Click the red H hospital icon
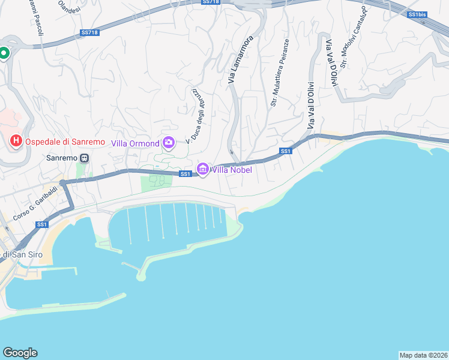pyautogui.click(x=16, y=142)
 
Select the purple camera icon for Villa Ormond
pyautogui.click(x=169, y=143)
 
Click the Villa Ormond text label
pyautogui.click(x=136, y=143)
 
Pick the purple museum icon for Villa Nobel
pyautogui.click(x=202, y=170)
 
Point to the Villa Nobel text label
pyautogui.click(x=231, y=170)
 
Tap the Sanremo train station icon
pyautogui.click(x=85, y=158)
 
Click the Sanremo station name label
pyautogui.click(x=62, y=158)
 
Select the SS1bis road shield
pyautogui.click(x=416, y=14)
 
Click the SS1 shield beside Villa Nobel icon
pyautogui.click(x=185, y=174)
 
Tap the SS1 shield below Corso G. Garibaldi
pyautogui.click(x=41, y=224)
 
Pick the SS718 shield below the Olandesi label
pyautogui.click(x=88, y=32)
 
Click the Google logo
pyautogui.click(x=20, y=353)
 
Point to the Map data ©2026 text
pyautogui.click(x=423, y=355)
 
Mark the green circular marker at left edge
pyautogui.click(x=4, y=53)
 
